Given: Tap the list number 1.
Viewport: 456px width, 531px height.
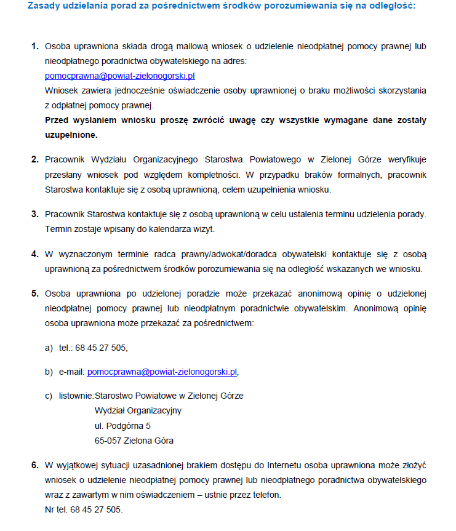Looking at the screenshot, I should pos(34,47).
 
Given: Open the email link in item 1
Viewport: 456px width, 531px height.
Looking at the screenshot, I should pos(120,76).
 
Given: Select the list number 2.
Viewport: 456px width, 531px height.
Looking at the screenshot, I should pos(34,160).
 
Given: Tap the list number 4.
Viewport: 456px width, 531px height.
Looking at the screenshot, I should pos(34,254).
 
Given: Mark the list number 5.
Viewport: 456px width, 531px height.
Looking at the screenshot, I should pos(34,292).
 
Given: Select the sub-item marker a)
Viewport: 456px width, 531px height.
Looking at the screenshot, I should pos(49,348).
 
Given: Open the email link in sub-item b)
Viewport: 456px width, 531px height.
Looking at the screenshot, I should pos(162,372).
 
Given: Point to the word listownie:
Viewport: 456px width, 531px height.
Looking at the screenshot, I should pos(76,396).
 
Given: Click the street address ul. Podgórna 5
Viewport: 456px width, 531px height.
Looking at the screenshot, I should pos(122,426).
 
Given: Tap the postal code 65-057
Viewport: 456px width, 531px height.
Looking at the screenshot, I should pos(108,441).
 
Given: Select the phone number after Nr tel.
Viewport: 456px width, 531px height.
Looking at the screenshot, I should pos(96,509).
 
